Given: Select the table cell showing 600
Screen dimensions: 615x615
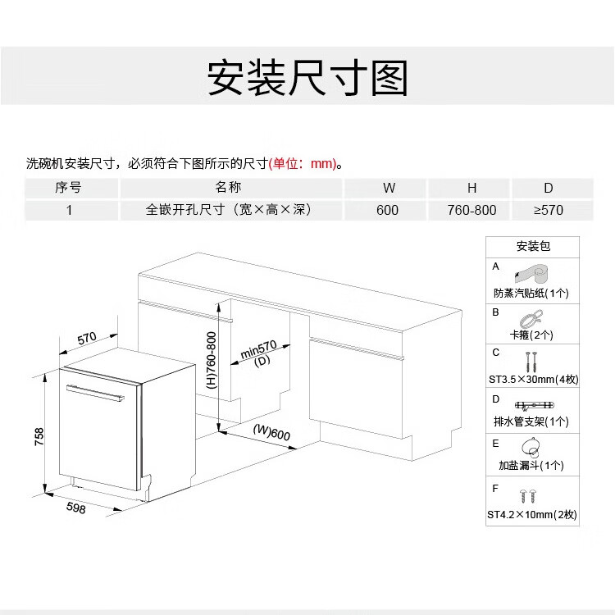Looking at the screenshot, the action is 387,210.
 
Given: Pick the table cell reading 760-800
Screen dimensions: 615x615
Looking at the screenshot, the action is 471,210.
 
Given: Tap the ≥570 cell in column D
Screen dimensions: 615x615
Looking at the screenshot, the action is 549,210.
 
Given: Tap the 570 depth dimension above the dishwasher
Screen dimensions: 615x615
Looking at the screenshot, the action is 88,337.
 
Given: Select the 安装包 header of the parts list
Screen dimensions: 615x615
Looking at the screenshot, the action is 533,247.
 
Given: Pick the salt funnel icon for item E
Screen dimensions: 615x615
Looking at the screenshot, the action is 531,448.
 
